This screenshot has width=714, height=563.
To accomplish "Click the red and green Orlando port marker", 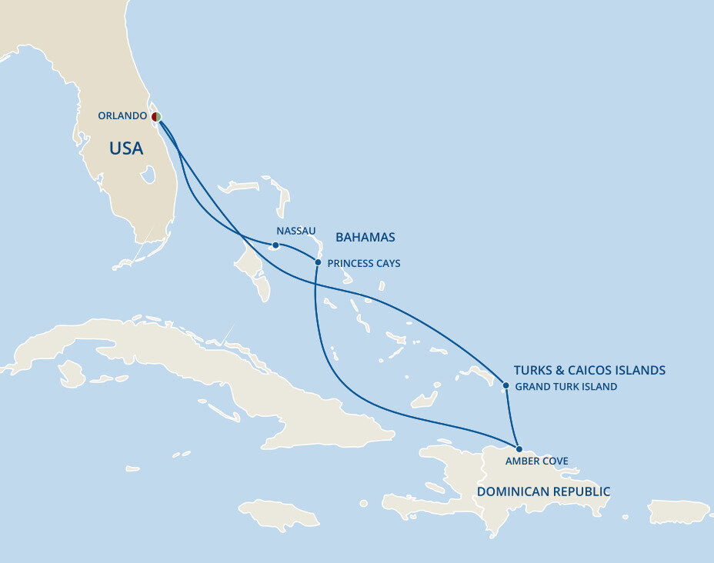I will (156, 117).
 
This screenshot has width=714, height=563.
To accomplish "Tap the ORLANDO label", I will (122, 116).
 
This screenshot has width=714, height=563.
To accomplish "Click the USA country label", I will (126, 148).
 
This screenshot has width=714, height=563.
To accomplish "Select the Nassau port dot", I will (275, 245).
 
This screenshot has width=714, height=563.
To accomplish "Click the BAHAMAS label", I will (364, 238).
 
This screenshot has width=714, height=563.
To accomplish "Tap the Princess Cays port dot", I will (318, 262).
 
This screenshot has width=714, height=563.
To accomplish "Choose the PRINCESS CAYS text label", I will (364, 264).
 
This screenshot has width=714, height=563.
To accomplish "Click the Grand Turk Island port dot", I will (505, 385).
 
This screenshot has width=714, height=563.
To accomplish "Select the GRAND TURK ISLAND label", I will (566, 387).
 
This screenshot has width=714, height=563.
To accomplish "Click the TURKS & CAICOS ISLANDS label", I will (589, 371).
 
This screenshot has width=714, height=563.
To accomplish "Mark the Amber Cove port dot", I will (519, 448).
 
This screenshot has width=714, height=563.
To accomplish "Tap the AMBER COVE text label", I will (537, 461).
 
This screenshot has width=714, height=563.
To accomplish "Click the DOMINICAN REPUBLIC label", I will (543, 491).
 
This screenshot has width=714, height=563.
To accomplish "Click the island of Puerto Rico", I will (678, 511).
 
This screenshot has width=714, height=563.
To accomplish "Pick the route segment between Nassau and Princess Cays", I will (298, 249).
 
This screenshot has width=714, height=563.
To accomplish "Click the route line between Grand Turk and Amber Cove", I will (512, 419).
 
